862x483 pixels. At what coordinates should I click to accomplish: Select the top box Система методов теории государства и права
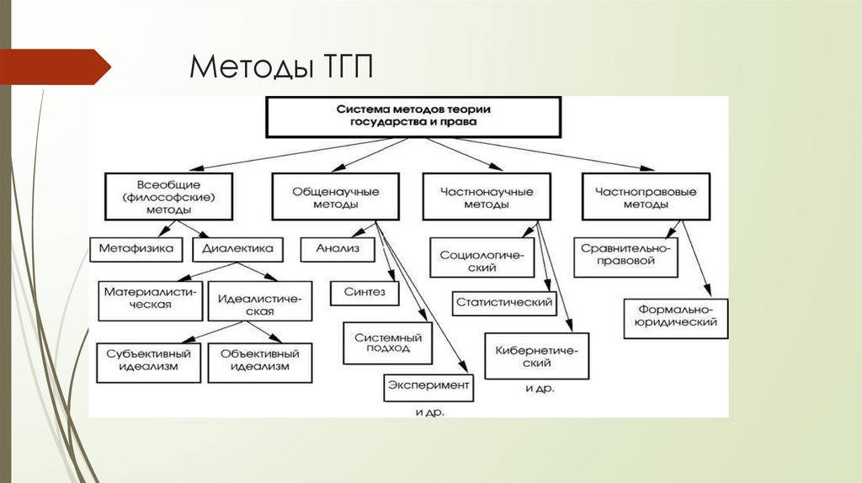[x=412, y=116]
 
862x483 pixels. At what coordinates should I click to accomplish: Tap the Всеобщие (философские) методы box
[x=168, y=196]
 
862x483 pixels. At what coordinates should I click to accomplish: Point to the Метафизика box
[x=136, y=249]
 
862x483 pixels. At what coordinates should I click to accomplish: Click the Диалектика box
[x=238, y=249]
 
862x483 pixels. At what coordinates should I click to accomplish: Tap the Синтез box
[x=364, y=292]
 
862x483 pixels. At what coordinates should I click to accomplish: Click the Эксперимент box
[x=428, y=386]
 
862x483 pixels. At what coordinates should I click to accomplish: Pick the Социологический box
[x=482, y=258]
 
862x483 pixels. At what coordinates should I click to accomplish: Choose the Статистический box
[x=504, y=302]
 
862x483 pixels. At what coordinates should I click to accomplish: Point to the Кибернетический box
[x=535, y=356]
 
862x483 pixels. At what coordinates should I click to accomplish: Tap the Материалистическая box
[x=151, y=299]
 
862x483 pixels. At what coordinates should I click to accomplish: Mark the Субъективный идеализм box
[x=148, y=362]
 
